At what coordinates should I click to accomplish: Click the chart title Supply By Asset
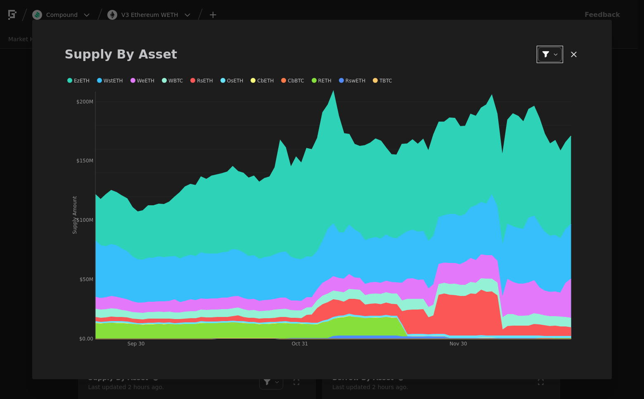tap(121, 54)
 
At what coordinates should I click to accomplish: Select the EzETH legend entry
tap(78, 81)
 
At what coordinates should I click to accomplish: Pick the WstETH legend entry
tap(110, 81)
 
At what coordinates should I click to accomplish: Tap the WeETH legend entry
tap(142, 81)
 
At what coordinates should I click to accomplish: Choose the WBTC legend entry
tap(173, 81)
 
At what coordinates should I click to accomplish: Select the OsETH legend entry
tap(232, 81)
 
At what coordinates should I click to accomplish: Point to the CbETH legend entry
tap(262, 81)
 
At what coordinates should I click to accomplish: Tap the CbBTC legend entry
tap(293, 81)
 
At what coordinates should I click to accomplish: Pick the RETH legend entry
tap(322, 81)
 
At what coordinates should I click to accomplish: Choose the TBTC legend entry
tap(383, 81)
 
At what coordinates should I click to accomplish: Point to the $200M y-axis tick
tap(85, 102)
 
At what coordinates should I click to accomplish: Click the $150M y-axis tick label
tap(85, 161)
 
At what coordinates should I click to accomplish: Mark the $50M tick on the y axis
tap(86, 279)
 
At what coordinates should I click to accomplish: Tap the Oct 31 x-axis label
tap(300, 344)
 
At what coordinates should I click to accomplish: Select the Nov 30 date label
tap(458, 344)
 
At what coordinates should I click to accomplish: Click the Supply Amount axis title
tap(75, 215)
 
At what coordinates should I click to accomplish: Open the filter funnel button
tap(549, 54)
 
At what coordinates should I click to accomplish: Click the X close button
tap(574, 54)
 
